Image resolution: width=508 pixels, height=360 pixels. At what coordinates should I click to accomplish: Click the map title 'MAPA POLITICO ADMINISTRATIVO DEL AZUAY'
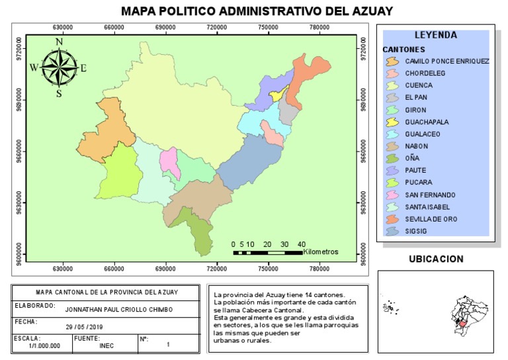point(257,11)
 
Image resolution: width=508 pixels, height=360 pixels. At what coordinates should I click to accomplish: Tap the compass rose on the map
point(59,67)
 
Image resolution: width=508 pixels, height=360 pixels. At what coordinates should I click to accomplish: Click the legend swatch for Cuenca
point(392,85)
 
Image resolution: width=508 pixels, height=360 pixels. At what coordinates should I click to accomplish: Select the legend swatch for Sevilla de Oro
point(392,219)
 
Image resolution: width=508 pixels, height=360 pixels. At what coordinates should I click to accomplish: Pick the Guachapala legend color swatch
point(392,122)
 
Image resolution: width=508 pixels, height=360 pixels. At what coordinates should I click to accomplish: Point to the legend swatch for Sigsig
point(392,231)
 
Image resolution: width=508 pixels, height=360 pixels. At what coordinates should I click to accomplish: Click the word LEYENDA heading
point(435,35)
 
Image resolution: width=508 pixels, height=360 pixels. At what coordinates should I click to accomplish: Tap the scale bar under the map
point(267,253)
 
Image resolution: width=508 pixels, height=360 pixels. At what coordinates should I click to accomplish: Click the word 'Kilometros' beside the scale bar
point(321,252)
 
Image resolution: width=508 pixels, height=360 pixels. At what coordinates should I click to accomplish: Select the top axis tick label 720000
point(217,26)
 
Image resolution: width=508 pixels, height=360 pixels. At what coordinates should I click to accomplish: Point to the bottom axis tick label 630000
point(63,269)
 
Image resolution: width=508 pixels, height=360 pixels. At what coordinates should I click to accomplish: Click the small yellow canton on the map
point(276,97)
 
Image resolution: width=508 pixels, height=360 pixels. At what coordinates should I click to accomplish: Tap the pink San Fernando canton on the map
point(169,162)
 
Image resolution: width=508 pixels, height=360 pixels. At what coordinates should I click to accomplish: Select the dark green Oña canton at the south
point(197,232)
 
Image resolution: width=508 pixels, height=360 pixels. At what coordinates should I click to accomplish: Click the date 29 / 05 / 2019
point(84,327)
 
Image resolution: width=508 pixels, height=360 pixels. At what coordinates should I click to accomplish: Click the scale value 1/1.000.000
point(45,345)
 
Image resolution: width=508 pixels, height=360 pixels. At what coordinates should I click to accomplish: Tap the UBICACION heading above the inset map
point(435,259)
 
